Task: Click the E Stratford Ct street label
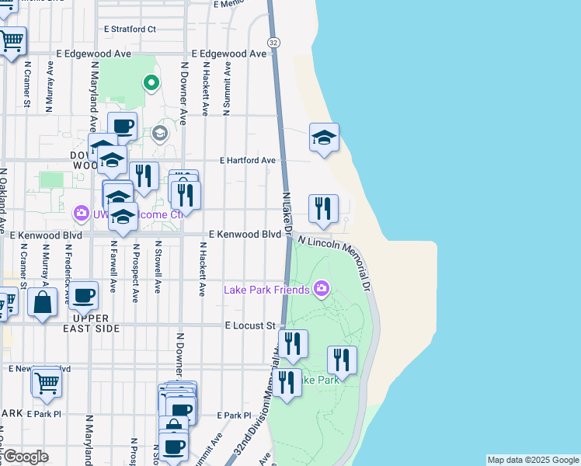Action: point(130,29)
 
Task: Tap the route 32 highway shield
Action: point(273,42)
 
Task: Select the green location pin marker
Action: point(151,82)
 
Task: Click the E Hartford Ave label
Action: point(248,160)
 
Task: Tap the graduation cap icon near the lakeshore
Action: point(324,138)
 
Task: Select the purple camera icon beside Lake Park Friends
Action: point(322,290)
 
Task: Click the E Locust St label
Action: point(251,326)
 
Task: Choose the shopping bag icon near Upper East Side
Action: point(42,302)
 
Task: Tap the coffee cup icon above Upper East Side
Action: point(83,295)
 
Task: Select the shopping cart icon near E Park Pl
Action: point(47,381)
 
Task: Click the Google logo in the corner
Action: point(25,457)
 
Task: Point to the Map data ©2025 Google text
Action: point(533,460)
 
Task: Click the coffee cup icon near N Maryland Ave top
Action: point(122,126)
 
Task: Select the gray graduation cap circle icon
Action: point(161,134)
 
